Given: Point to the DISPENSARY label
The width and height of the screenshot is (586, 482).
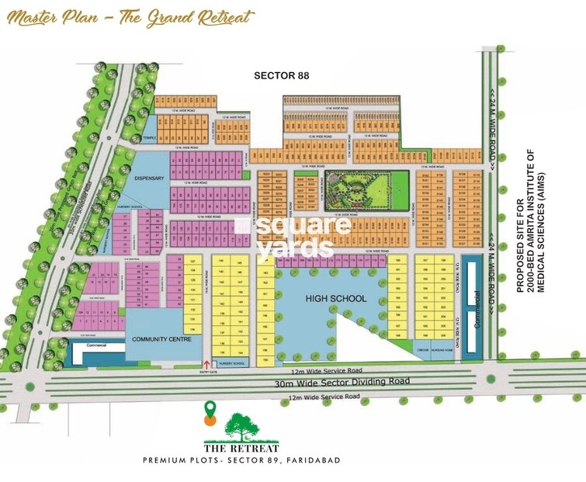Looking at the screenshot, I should click(x=151, y=178).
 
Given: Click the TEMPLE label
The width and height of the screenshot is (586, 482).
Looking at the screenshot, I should click(x=149, y=138).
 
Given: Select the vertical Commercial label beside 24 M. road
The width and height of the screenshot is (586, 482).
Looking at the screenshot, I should click(x=473, y=308).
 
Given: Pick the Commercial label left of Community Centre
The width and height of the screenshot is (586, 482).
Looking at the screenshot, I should click(x=96, y=344).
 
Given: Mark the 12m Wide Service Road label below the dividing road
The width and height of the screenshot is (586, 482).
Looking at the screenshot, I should click(x=324, y=397).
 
